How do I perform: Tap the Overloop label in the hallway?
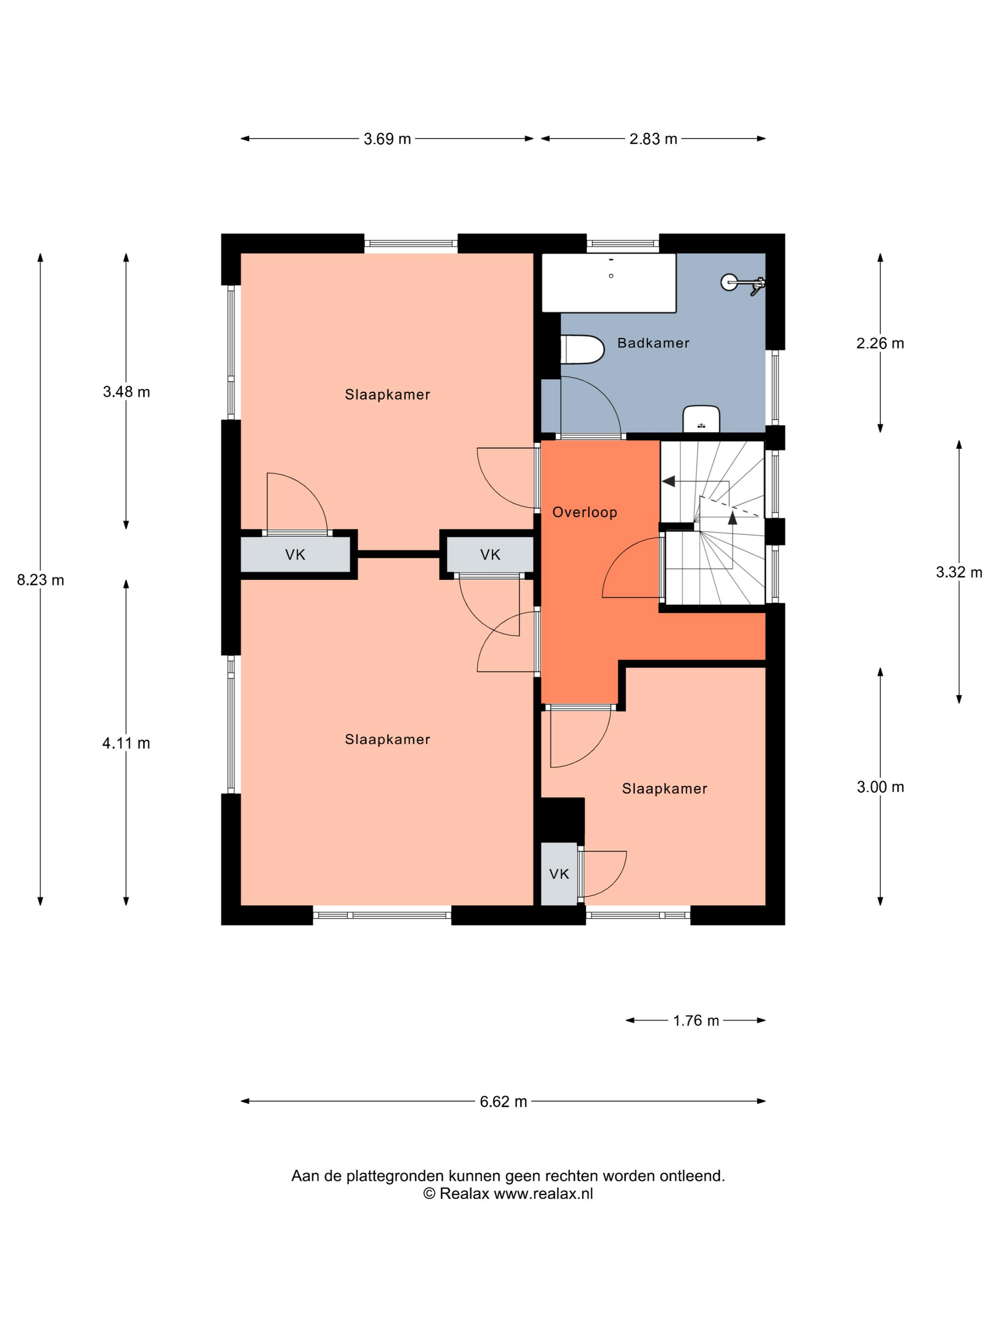click(585, 512)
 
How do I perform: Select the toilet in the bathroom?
click(582, 349)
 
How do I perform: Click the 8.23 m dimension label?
click(40, 580)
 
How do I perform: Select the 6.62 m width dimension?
click(503, 1101)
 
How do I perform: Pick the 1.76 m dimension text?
click(696, 1020)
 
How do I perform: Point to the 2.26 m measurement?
click(880, 343)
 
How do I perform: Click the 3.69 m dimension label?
click(387, 139)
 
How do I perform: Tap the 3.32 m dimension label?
click(959, 572)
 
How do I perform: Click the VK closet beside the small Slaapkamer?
click(559, 874)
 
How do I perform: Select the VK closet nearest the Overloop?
click(490, 555)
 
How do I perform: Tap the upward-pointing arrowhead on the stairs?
click(732, 517)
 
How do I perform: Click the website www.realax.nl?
click(543, 1194)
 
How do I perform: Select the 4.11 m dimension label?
click(126, 743)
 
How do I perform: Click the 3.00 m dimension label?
click(880, 787)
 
